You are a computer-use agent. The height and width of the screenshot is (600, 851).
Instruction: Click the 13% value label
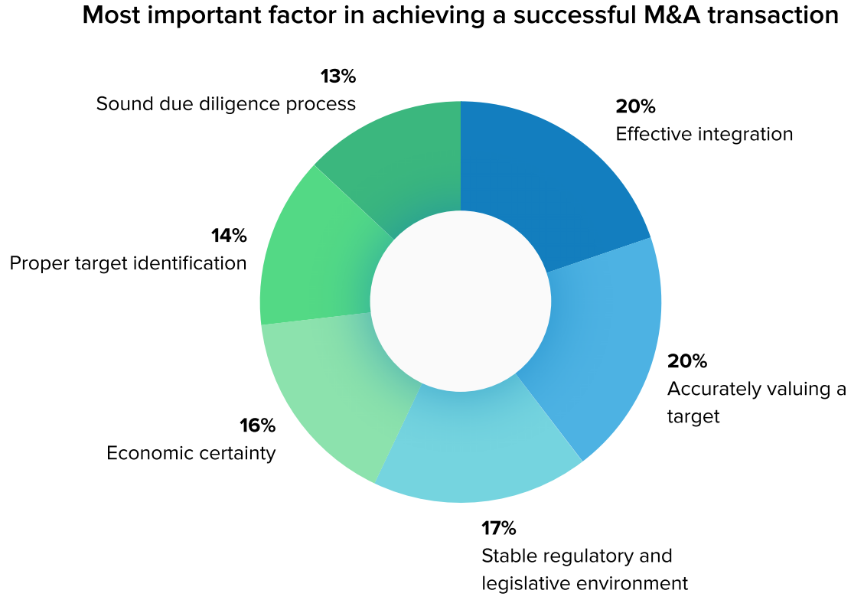pos(338,77)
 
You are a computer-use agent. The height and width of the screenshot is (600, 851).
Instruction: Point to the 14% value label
pos(229,236)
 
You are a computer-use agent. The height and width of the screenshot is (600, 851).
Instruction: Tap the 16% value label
pos(257,426)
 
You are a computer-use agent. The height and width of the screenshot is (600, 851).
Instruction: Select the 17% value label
pos(499,528)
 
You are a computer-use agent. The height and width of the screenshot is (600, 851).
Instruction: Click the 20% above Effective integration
pos(635,106)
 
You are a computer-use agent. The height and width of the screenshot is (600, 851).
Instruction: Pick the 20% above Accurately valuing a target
pos(687,361)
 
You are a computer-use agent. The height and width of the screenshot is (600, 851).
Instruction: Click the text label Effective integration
pos(704,134)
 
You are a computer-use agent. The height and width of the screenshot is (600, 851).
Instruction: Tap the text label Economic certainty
pos(191,453)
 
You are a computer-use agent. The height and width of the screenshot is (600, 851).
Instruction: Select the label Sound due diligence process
pos(226,103)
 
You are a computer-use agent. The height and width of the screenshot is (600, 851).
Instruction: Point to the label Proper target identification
pos(128,264)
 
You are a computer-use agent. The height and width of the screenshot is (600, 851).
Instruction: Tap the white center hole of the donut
pos(461,299)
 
